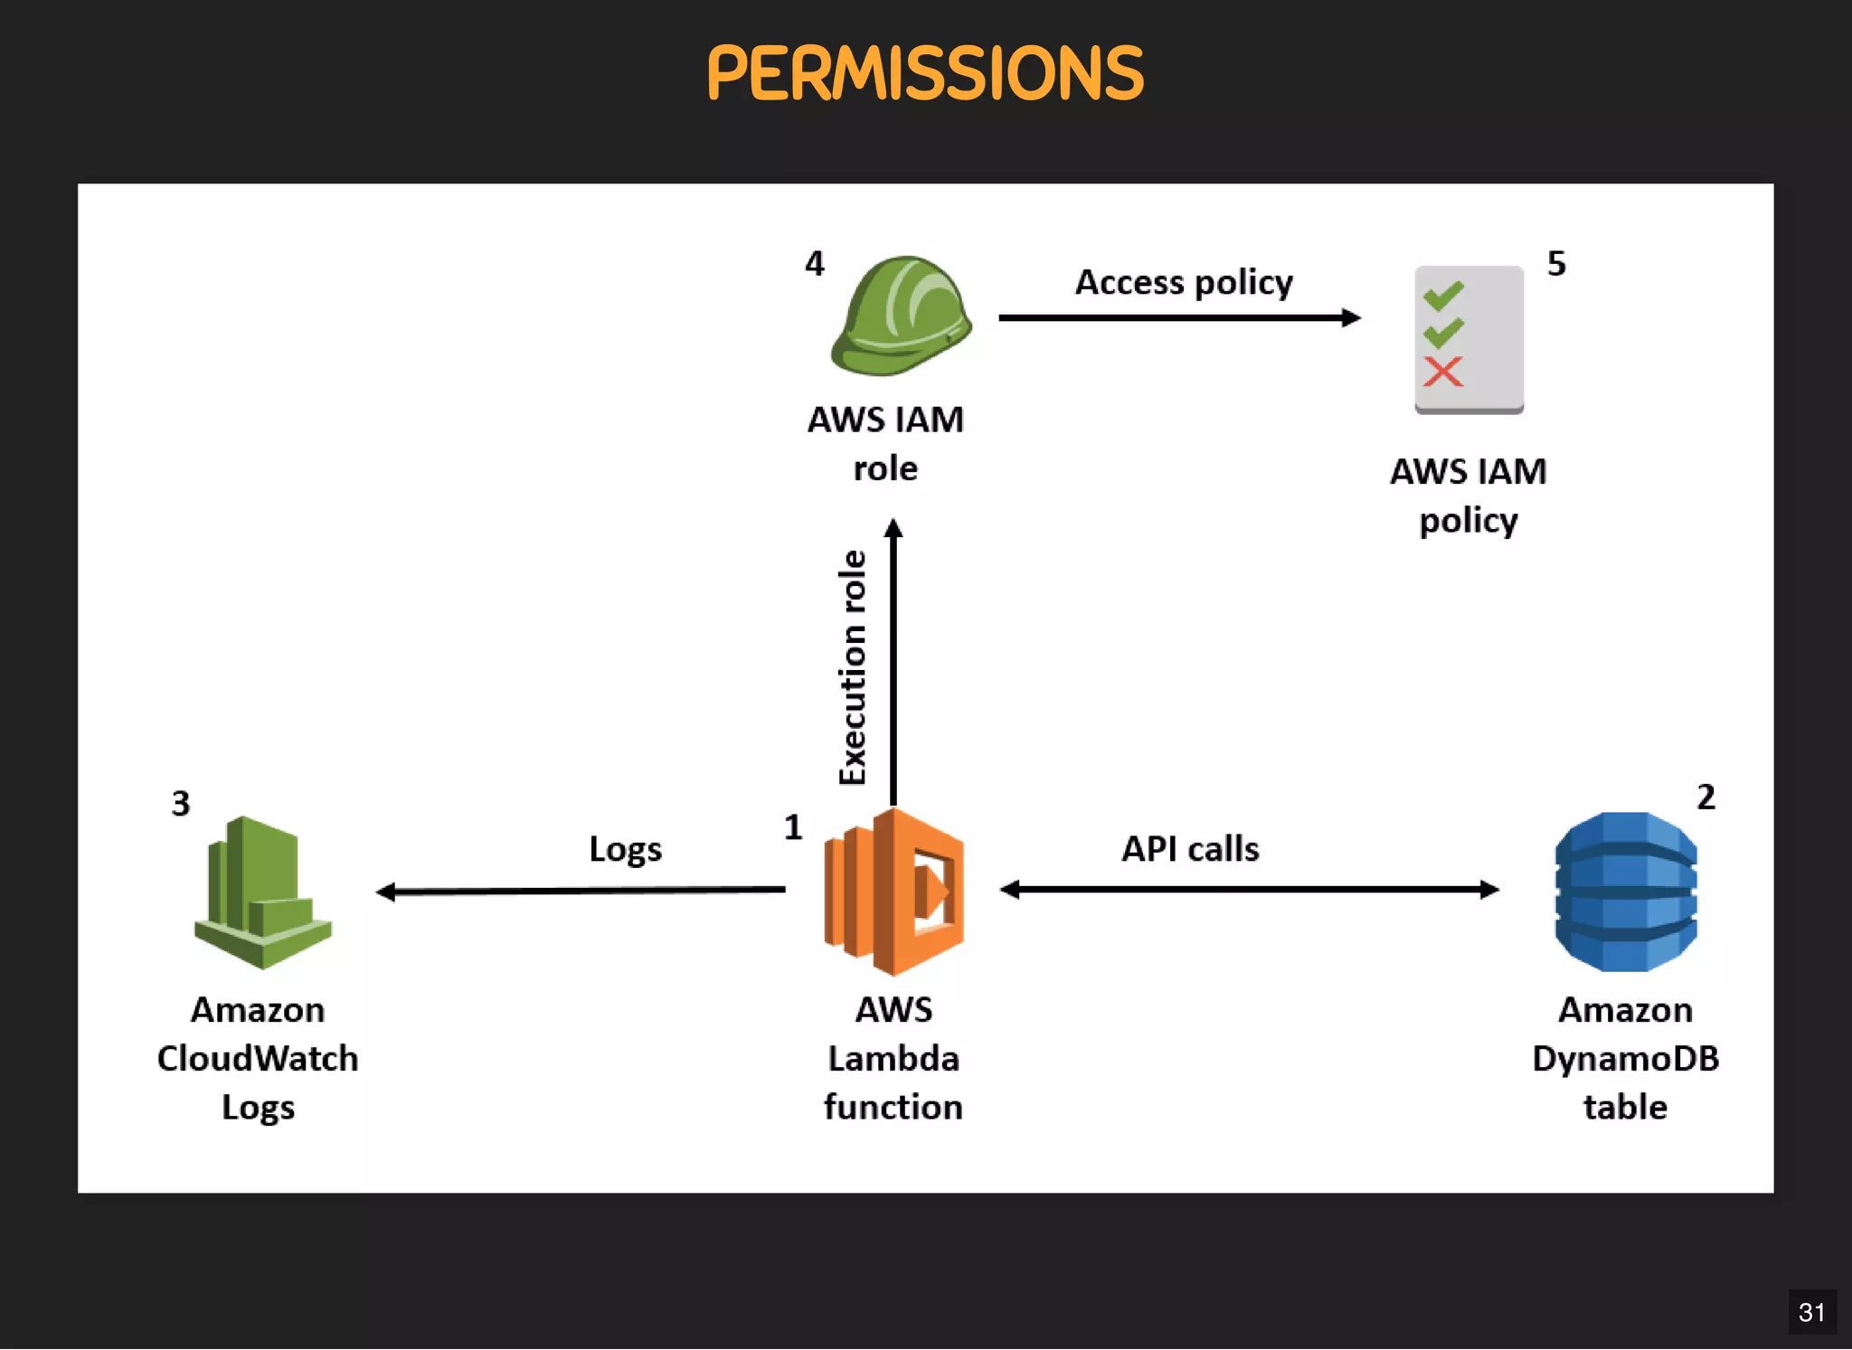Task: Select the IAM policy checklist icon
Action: point(1469,339)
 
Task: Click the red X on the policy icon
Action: point(1442,372)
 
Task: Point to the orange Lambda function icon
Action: point(894,892)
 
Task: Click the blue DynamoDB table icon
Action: point(1625,892)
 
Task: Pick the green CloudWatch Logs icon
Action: point(262,893)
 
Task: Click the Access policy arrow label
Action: point(1183,282)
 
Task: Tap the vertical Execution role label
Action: point(853,667)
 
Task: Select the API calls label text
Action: point(1190,849)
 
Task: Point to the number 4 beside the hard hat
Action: point(815,264)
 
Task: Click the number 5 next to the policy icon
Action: point(1556,264)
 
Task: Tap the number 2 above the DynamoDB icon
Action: point(1706,798)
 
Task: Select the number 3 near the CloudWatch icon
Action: point(181,804)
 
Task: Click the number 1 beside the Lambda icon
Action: point(793,827)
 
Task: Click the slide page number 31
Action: point(1811,1312)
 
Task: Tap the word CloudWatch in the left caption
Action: point(258,1059)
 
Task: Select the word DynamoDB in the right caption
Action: point(1625,1059)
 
